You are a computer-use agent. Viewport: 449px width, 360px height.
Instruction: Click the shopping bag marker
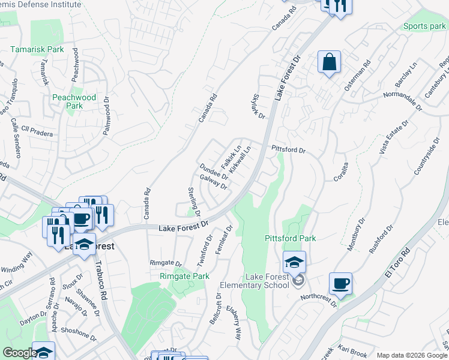330,62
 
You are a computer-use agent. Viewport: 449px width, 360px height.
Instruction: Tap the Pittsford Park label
291,238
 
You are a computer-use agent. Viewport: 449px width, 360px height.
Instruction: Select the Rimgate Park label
184,277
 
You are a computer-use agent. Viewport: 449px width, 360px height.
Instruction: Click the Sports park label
424,26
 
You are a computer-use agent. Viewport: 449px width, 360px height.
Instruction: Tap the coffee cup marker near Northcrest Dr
340,284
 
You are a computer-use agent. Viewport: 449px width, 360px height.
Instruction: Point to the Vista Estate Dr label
394,137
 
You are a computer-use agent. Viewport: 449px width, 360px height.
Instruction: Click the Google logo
19,353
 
